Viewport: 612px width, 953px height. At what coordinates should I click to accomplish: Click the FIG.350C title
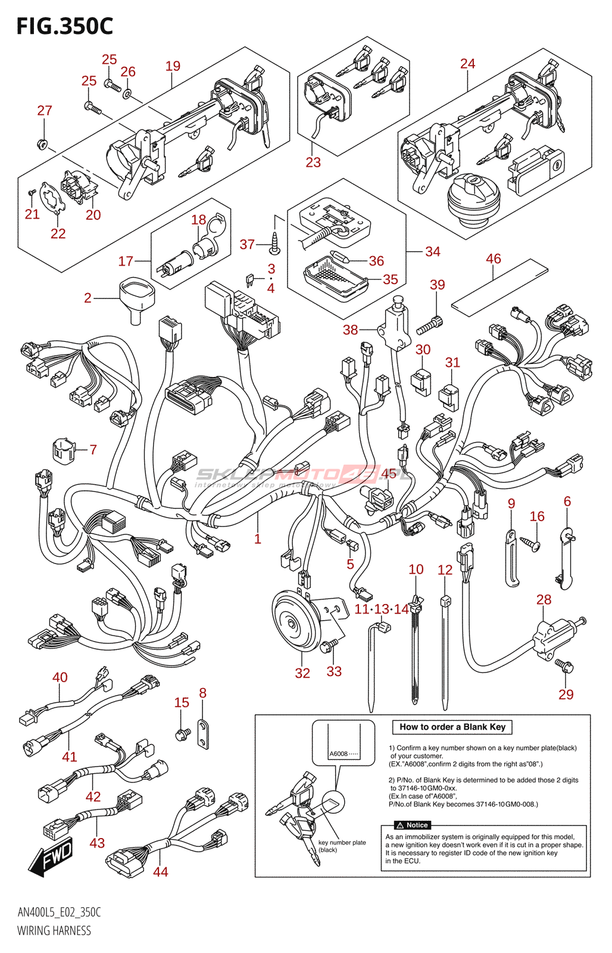coord(64,26)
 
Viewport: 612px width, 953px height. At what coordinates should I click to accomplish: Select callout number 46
coord(493,259)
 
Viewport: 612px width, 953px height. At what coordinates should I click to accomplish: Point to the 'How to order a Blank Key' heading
coord(452,727)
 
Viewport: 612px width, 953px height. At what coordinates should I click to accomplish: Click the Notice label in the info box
coord(413,825)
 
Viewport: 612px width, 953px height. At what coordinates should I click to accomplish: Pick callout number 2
coord(88,298)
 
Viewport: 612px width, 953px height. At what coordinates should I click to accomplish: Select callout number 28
coord(544,599)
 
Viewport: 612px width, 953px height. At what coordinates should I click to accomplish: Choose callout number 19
coord(173,66)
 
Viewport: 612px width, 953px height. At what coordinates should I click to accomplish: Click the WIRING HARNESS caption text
coord(54,930)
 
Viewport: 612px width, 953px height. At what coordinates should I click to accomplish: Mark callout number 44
coord(160,871)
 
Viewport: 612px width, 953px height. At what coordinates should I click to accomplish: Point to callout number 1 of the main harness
coord(257,538)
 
